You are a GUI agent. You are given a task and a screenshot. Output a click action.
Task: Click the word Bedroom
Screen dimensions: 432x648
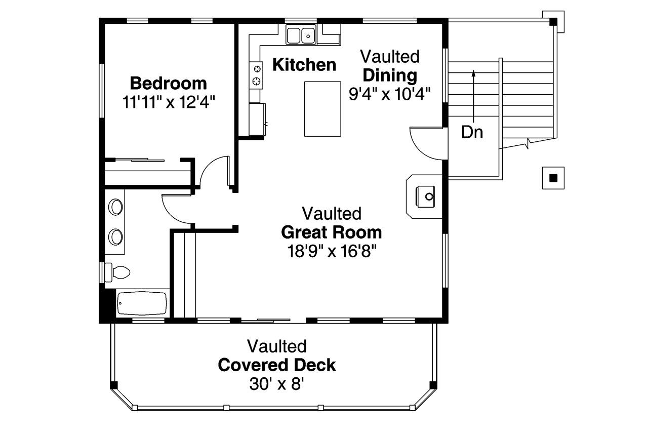point(168,83)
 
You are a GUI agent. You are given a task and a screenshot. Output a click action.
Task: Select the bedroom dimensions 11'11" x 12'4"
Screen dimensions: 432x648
point(169,102)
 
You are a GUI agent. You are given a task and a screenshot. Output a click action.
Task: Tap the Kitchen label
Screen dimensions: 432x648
point(304,65)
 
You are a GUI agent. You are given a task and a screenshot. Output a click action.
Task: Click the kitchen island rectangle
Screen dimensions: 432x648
point(322,108)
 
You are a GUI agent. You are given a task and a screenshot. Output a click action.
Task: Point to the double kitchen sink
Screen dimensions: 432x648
point(301,35)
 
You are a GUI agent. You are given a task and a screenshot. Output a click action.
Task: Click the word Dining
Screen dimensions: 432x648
point(390,75)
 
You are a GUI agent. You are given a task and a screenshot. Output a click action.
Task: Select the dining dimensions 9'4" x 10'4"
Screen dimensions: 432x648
point(389,94)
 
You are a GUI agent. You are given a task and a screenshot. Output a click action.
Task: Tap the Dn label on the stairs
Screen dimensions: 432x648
point(472,133)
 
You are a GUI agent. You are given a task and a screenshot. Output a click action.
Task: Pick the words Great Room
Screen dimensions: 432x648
point(331,232)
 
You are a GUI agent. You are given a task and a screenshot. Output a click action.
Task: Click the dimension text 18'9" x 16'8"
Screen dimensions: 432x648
point(331,251)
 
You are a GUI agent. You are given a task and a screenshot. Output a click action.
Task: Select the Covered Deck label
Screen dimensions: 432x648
point(277,365)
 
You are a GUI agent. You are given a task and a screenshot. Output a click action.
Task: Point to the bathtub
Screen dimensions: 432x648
point(142,304)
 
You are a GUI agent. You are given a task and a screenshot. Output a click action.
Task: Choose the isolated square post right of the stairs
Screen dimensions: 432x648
point(553,178)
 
